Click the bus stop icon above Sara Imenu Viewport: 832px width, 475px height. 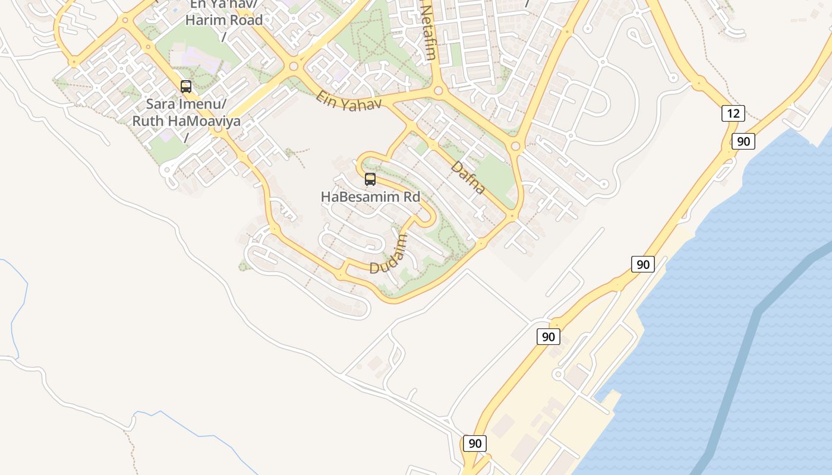pos(186,87)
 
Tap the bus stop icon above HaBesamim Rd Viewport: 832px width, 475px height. pos(370,179)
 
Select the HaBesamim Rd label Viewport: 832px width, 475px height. pos(370,196)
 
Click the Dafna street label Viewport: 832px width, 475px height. pos(468,177)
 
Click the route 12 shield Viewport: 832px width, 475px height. pos(733,113)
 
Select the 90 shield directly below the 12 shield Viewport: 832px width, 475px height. pos(743,141)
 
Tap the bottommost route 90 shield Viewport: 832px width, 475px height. pos(474,444)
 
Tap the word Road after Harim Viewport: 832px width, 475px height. pos(245,20)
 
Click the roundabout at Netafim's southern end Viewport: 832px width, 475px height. pos(439,90)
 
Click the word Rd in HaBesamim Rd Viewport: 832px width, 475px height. pos(409,196)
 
